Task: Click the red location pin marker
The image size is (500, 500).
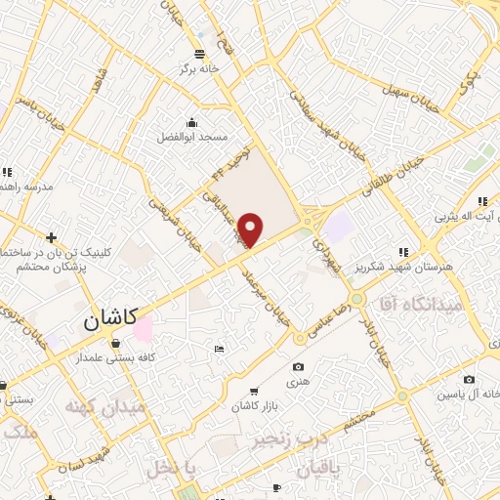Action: coord(251,229)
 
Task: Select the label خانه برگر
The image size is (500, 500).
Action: coord(194,69)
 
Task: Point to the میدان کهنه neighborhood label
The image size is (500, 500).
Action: coord(104,404)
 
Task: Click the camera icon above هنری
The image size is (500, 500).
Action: coord(298,367)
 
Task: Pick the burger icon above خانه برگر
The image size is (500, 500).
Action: coord(199,54)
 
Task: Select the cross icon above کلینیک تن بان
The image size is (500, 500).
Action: coord(51,237)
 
